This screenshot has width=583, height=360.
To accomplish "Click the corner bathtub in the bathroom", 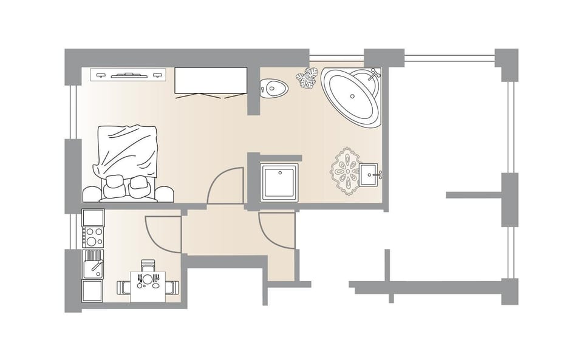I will point(351,98).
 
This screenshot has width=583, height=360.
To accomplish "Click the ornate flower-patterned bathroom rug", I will point(344,171).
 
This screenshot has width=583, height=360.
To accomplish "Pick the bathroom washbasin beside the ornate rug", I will point(369,175).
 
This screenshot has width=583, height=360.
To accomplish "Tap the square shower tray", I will point(279,182).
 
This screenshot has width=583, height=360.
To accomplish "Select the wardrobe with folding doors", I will point(211,81).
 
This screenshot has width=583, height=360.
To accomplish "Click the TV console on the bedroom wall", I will point(128,75).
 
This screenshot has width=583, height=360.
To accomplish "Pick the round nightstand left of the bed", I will point(92,194).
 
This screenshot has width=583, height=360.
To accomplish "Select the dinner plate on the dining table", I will point(148,280).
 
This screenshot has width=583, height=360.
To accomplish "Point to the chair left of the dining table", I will point(124,287).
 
